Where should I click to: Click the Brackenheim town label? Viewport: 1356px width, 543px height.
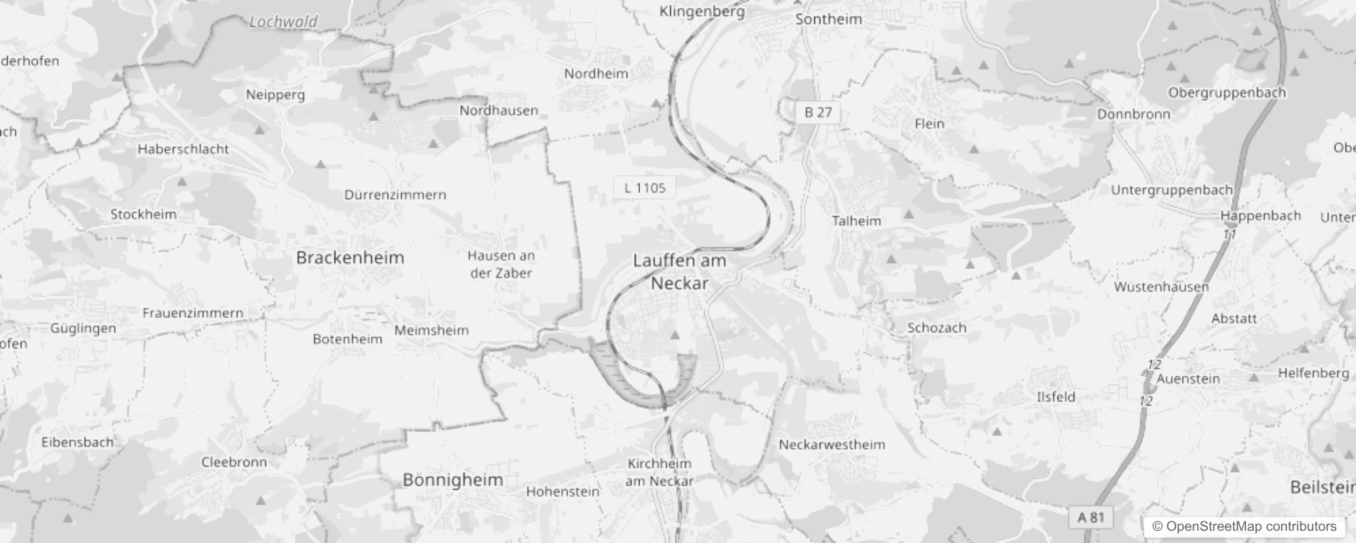(350, 258)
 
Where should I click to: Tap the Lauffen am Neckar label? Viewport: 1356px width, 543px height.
(679, 271)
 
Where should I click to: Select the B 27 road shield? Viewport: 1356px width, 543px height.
(818, 113)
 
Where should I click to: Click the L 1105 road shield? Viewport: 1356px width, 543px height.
(645, 188)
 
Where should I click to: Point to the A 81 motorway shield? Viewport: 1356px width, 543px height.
(1091, 517)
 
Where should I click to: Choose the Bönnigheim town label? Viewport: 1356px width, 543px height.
(452, 480)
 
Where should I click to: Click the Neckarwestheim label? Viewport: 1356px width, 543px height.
(832, 445)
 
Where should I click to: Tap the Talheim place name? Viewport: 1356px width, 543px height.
(856, 221)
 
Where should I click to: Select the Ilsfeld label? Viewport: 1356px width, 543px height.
(1056, 397)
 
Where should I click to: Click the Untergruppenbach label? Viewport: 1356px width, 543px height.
(1171, 191)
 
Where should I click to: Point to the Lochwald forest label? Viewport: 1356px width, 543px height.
(283, 22)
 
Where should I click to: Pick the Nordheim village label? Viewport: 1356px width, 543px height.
(596, 73)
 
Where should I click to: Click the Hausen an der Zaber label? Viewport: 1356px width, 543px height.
(501, 265)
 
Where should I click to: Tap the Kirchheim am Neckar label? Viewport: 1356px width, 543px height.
(659, 472)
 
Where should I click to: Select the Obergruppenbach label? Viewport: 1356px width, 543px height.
(1226, 93)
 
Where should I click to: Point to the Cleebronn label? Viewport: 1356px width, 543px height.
(234, 462)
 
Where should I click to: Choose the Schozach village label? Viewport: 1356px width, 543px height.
(936, 328)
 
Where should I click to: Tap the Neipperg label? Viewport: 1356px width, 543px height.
(275, 95)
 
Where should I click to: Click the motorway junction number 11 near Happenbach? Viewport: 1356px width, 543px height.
(1230, 234)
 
